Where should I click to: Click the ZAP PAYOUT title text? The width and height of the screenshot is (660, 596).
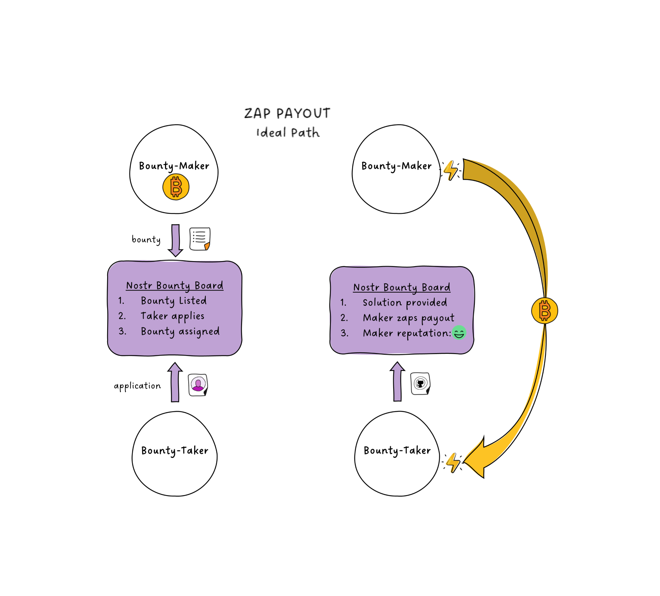287,113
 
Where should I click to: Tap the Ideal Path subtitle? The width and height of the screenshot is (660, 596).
288,132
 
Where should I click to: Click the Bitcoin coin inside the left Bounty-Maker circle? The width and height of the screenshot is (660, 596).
176,187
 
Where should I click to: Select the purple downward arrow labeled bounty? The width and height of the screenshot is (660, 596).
175,240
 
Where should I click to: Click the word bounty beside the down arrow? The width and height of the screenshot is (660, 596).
146,239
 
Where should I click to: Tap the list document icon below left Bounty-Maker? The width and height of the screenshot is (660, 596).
200,239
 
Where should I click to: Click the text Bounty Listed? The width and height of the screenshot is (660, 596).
174,301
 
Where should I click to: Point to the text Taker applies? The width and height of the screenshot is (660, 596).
172,316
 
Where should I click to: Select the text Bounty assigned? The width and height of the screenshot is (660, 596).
180,332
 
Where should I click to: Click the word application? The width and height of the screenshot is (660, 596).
137,386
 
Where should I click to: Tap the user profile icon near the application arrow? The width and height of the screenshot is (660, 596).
198,385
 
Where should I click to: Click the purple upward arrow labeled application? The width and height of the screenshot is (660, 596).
175,382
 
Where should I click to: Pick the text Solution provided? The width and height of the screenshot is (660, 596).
405,303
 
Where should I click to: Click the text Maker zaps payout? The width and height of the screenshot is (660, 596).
408,318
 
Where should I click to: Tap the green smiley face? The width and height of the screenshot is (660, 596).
459,333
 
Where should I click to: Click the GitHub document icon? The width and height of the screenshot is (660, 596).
420,384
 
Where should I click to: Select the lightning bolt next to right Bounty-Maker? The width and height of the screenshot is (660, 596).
451,170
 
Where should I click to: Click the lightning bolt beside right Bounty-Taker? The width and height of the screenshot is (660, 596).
453,462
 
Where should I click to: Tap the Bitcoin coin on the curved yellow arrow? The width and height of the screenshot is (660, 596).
544,311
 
